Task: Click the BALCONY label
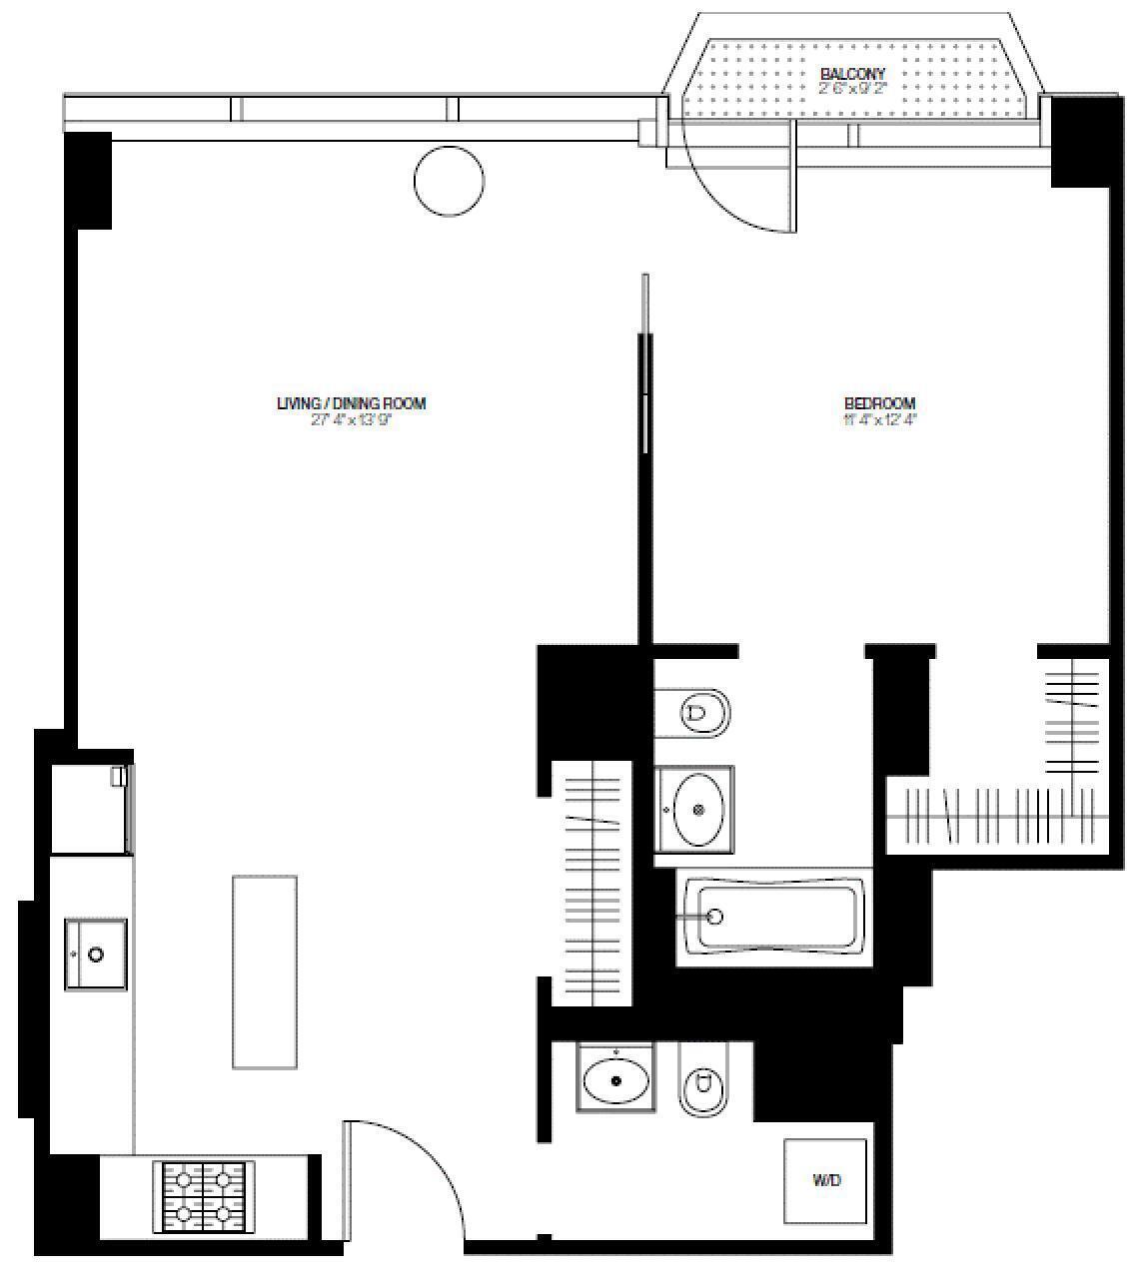pyautogui.click(x=852, y=74)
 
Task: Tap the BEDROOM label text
pyautogui.click(x=879, y=404)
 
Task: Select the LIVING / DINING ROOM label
pyautogui.click(x=352, y=403)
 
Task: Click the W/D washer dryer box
pyautogui.click(x=825, y=1180)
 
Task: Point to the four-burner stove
pyautogui.click(x=204, y=1196)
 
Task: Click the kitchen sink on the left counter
pyautogui.click(x=96, y=955)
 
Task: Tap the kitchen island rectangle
pyautogui.click(x=265, y=971)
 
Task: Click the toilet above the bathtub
pyautogui.click(x=703, y=713)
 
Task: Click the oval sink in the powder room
pyautogui.click(x=616, y=1078)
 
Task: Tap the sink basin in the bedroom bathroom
pyautogui.click(x=697, y=810)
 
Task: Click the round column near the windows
pyautogui.click(x=449, y=181)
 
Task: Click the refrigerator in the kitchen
pyautogui.click(x=91, y=809)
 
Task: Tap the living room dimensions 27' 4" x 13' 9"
pyautogui.click(x=352, y=420)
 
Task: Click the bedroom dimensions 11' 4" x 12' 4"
pyautogui.click(x=879, y=420)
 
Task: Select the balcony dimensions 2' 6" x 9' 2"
pyautogui.click(x=852, y=88)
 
